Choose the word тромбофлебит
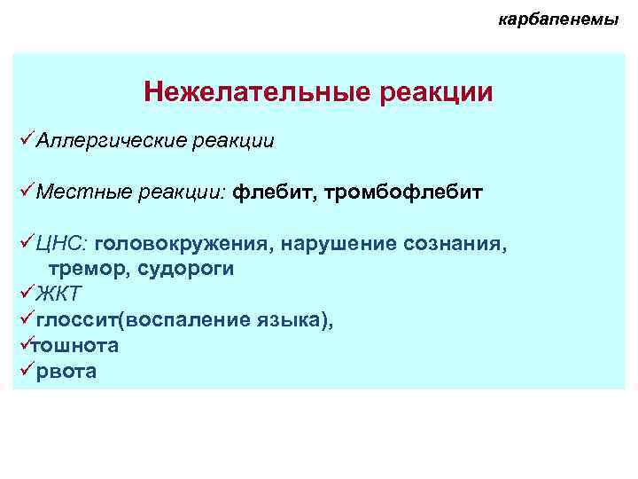(x=403, y=192)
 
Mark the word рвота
(x=66, y=372)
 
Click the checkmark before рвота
(x=25, y=371)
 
